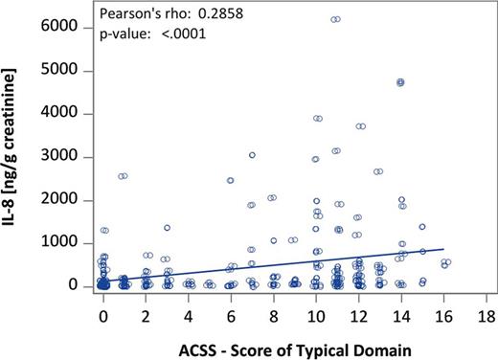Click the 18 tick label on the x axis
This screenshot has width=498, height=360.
coord(485,313)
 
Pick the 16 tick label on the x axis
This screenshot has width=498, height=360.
coord(442,313)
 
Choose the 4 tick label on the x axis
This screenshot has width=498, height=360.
coord(189,313)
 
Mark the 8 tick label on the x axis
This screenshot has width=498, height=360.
coord(273,313)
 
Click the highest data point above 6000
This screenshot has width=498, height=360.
coord(335,19)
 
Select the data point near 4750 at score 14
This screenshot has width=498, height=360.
coord(400,82)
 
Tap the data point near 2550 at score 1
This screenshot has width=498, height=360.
coord(123,176)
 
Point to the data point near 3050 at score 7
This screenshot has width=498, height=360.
coord(252,155)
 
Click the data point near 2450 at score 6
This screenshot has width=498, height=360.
coord(231,180)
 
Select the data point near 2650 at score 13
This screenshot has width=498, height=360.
coord(378,172)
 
